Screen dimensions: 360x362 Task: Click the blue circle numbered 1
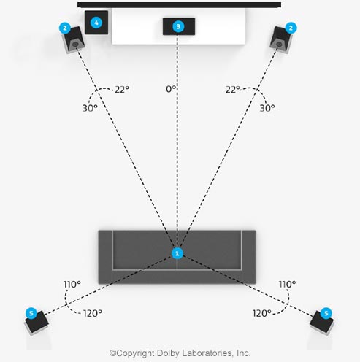(x=177, y=253)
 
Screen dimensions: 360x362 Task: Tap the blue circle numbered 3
(x=178, y=26)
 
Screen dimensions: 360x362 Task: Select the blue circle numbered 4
(x=96, y=23)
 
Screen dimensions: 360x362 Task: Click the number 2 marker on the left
(x=65, y=28)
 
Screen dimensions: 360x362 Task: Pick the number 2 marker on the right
(x=291, y=28)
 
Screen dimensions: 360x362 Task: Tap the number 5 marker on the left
(x=31, y=313)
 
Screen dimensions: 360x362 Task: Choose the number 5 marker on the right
(x=326, y=313)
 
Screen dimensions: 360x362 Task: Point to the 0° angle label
(x=171, y=89)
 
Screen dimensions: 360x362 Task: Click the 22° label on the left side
(x=122, y=90)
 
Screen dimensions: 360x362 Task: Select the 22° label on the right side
(x=232, y=90)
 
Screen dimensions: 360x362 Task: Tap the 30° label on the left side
(x=90, y=108)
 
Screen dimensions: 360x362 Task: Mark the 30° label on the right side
(x=267, y=108)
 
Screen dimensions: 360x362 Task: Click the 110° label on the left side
(x=72, y=284)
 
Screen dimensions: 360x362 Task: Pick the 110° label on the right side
(x=287, y=284)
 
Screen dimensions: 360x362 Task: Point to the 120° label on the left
(x=93, y=313)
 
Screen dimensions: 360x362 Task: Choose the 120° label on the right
(x=262, y=313)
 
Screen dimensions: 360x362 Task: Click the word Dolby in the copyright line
(x=169, y=353)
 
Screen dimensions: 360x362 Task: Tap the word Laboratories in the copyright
(x=207, y=353)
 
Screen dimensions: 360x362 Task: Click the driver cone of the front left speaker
(x=75, y=45)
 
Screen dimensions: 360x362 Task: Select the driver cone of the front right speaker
(x=279, y=45)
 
